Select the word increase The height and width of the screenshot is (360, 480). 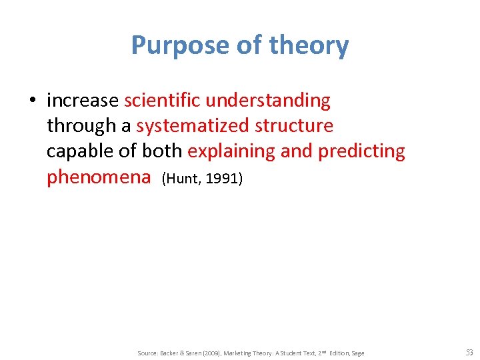click(x=83, y=101)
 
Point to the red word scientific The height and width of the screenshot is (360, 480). click(x=162, y=101)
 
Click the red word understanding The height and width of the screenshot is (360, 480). click(x=268, y=101)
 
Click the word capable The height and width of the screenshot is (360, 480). click(x=81, y=151)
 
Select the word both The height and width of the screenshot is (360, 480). click(x=162, y=151)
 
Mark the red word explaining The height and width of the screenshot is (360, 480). click(x=231, y=151)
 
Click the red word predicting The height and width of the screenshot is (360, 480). click(x=361, y=151)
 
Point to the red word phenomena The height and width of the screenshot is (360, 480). click(x=99, y=177)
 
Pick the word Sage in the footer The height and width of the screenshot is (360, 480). click(x=357, y=353)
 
